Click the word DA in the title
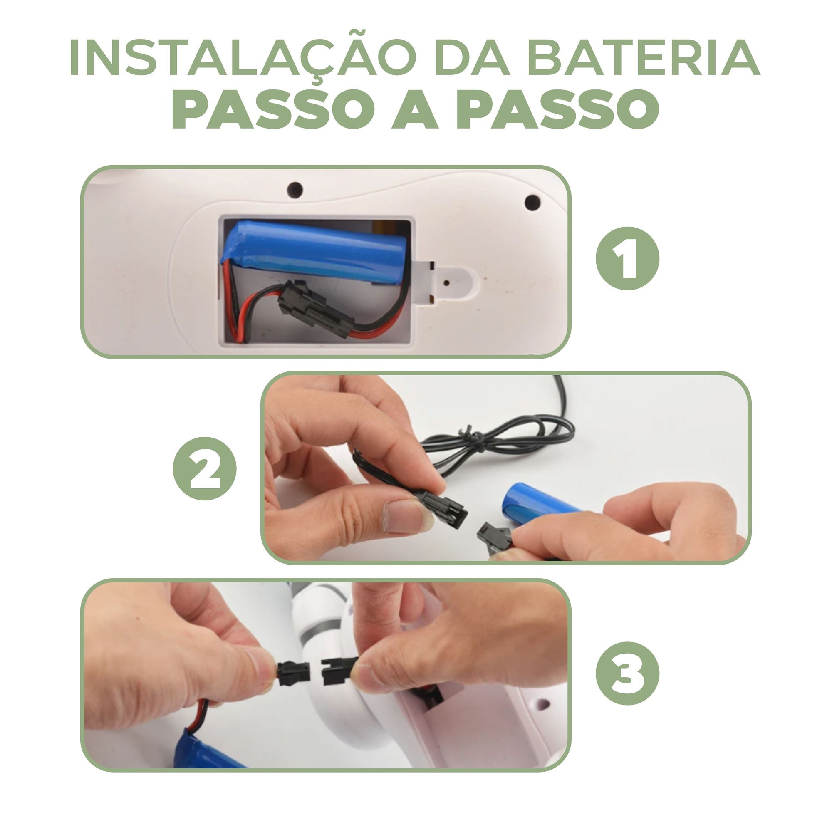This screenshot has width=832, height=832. click(x=472, y=58)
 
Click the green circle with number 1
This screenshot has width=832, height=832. click(x=627, y=259)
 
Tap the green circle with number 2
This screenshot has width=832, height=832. click(x=205, y=468)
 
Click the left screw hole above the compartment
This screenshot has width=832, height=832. click(x=295, y=189)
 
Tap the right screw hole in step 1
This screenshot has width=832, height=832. click(x=532, y=201)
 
